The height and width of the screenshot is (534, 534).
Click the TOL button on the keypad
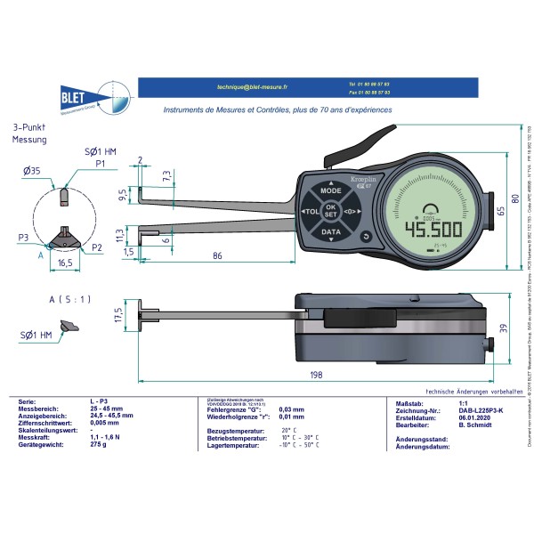point(310,213)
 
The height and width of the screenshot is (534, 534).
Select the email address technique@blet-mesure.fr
point(253,87)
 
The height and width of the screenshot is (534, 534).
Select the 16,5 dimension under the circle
point(65,264)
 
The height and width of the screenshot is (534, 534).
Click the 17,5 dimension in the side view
point(116,316)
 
